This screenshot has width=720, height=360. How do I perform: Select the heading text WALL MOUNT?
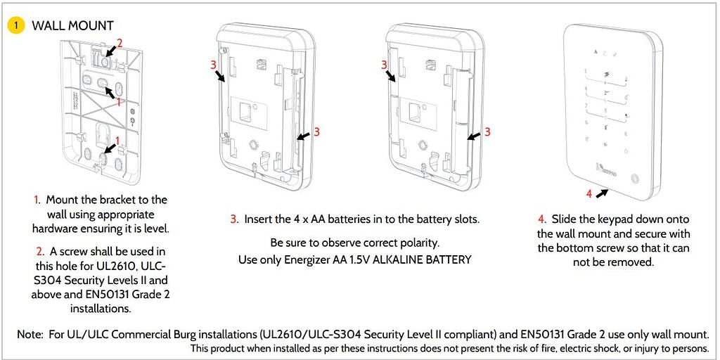(x=72, y=25)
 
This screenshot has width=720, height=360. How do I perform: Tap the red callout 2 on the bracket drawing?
(x=120, y=43)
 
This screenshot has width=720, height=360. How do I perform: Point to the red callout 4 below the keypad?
(x=589, y=193)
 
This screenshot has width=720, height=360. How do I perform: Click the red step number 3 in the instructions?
(x=233, y=219)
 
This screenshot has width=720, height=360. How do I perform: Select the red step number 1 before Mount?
(x=36, y=200)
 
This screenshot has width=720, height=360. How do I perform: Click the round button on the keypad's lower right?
(x=634, y=178)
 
